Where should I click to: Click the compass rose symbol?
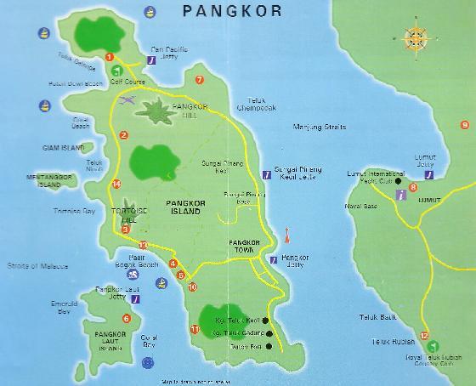pyautogui.click(x=414, y=38)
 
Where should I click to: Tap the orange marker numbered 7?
pyautogui.click(x=199, y=80)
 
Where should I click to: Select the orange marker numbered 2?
pyautogui.click(x=124, y=135)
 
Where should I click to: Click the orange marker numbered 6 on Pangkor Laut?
pyautogui.click(x=127, y=319)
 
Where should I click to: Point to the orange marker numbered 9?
pyautogui.click(x=464, y=125)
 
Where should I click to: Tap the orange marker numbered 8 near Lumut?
pyautogui.click(x=413, y=187)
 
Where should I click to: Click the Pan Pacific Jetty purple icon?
pyautogui.click(x=150, y=61)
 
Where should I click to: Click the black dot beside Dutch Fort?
pyautogui.click(x=269, y=345)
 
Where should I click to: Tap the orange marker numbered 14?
pyautogui.click(x=116, y=184)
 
